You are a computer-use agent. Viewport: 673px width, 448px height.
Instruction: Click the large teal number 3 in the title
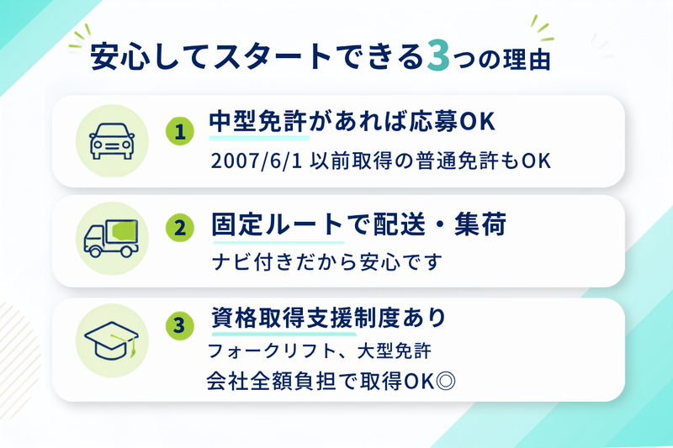[438, 56]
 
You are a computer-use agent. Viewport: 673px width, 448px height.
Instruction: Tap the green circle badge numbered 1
[180, 131]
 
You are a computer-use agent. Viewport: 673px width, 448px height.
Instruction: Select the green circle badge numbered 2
[180, 228]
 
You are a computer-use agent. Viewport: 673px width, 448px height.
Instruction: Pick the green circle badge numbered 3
[180, 325]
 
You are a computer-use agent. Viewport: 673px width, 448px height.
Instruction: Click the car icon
[112, 141]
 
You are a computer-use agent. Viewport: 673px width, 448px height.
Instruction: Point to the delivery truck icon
[111, 239]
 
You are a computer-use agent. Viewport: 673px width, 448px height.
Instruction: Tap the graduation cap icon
[112, 340]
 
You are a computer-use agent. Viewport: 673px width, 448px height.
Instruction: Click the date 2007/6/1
[257, 161]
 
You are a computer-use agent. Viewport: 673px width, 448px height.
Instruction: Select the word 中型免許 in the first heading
[258, 121]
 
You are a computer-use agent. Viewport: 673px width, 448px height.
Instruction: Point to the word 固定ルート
[278, 224]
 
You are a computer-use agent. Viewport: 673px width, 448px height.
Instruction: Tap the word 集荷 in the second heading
[480, 224]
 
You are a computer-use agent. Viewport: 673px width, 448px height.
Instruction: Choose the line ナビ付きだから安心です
[327, 261]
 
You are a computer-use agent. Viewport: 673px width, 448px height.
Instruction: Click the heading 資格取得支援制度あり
[329, 318]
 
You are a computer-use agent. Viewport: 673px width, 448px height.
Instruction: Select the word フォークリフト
[272, 350]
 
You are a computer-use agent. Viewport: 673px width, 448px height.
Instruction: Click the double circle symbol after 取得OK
[445, 380]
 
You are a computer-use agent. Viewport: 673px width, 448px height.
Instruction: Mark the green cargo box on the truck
[124, 231]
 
